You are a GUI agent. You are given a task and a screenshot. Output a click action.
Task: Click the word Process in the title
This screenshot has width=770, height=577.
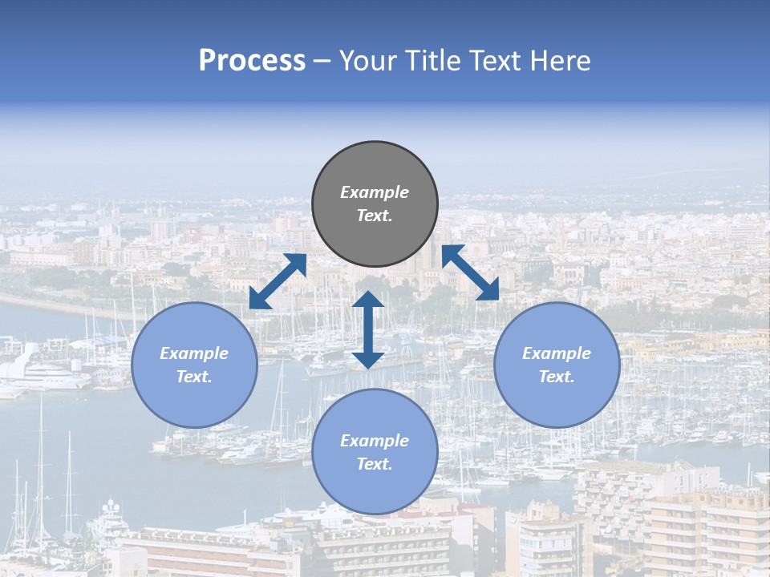[252, 61]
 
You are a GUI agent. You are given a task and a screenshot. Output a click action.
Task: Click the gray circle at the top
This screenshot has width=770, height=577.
[375, 204]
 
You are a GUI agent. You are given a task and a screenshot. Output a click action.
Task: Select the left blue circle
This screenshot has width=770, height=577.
[194, 365]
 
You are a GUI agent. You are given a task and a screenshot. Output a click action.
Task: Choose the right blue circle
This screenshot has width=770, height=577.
[557, 365]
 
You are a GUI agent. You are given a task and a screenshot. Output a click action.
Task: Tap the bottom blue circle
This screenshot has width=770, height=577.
[375, 451]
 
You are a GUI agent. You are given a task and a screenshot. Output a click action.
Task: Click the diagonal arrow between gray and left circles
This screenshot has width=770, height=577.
[278, 281]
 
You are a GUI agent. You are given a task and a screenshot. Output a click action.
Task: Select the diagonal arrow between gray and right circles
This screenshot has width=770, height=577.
[471, 272]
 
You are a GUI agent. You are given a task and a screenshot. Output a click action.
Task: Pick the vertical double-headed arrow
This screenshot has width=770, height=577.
[368, 330]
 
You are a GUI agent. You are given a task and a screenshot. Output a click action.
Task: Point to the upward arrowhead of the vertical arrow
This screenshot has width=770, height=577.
[368, 301]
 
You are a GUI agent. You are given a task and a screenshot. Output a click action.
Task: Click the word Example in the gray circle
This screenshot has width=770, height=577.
[375, 192]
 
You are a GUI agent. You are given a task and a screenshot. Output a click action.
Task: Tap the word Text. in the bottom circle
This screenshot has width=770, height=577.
[375, 464]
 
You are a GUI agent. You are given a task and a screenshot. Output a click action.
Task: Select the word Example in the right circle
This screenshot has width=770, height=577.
[557, 353]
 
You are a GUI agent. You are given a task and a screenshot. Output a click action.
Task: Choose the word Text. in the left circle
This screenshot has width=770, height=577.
[194, 377]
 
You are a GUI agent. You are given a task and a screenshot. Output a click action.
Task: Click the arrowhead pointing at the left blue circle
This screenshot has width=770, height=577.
[258, 300]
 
